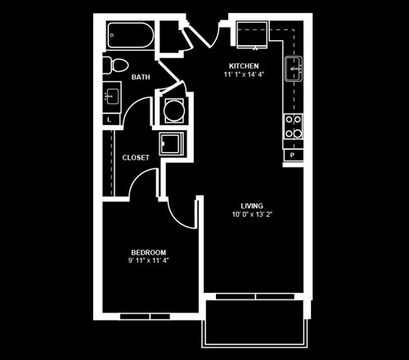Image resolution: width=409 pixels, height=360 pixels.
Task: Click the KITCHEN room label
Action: tap(244, 65)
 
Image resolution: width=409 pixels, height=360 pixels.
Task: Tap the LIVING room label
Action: tap(252, 205)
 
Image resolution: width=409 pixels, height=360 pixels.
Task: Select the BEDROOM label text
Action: tap(149, 252)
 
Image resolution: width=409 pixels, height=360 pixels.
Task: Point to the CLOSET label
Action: tap(136, 157)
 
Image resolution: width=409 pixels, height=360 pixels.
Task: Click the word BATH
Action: tap(141, 77)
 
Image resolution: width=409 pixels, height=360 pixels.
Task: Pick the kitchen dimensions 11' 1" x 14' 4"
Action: tap(244, 74)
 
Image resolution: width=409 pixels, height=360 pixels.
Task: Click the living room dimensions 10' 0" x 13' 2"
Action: tap(252, 214)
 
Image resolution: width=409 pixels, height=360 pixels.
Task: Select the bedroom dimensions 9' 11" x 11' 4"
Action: tap(149, 260)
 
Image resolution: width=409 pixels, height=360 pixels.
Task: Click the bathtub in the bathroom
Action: tap(131, 35)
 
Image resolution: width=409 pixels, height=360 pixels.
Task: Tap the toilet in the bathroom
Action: tap(115, 65)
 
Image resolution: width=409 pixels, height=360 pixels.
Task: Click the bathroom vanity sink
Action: tap(112, 97)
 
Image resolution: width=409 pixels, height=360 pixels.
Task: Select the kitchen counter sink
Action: tap(294, 69)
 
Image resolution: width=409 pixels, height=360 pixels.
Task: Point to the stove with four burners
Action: tap(294, 127)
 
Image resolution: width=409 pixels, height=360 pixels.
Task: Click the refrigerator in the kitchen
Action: tap(252, 35)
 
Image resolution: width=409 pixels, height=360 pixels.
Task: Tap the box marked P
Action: tap(293, 155)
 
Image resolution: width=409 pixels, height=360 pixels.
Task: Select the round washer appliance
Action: tap(174, 110)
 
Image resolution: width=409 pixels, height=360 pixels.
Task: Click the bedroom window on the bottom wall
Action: tap(145, 317)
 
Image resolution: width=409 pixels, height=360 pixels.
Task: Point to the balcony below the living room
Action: tap(255, 324)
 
